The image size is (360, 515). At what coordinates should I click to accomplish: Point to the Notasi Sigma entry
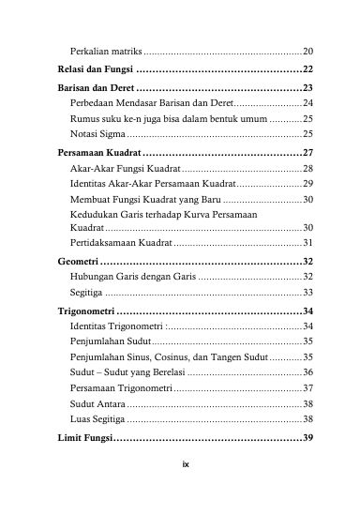click(x=97, y=135)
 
